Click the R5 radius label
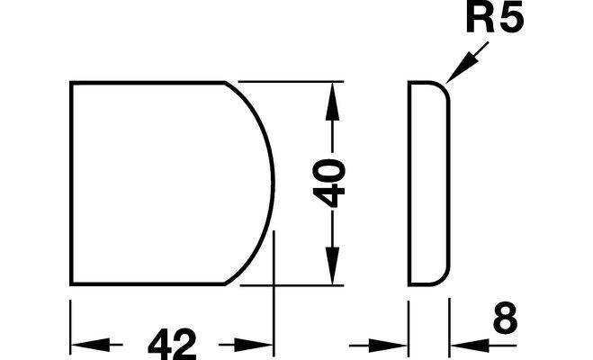click(495, 17)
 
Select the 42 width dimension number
click(172, 344)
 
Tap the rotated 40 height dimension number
click(329, 183)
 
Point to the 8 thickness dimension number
click(505, 318)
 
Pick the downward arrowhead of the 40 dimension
click(332, 265)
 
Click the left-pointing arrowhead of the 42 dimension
click(91, 345)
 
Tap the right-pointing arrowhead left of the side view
click(388, 345)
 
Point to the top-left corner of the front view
click(71, 82)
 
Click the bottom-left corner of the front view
click(71, 283)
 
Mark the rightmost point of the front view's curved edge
click(273, 183)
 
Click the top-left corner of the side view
click(409, 82)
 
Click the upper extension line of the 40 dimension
click(291, 82)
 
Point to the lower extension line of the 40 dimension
click(292, 285)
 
